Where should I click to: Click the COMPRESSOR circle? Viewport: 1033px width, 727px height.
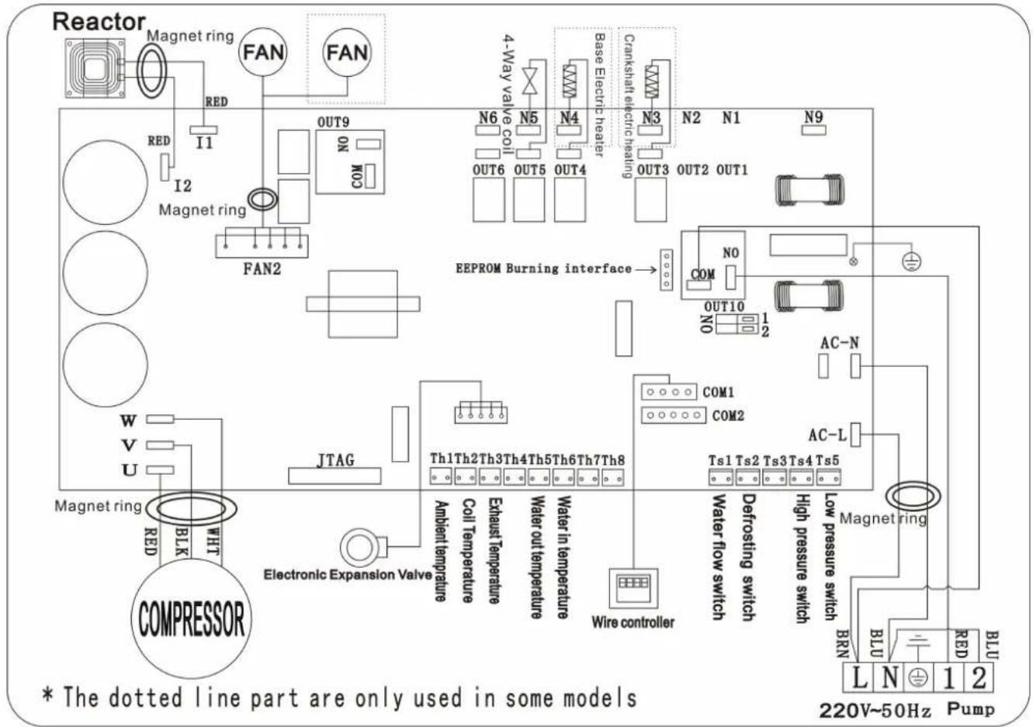(x=191, y=619)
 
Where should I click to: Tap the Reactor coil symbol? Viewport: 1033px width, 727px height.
(x=92, y=67)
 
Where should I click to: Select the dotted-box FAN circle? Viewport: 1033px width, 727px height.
(x=347, y=53)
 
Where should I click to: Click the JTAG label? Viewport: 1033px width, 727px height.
(x=335, y=460)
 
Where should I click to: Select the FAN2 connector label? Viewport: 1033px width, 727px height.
(x=262, y=269)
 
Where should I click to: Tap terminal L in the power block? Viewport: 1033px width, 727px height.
(x=858, y=677)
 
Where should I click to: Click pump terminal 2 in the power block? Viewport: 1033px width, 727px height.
(x=979, y=677)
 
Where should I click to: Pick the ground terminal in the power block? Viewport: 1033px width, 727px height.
(x=918, y=677)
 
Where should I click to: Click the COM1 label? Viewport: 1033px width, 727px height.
(x=718, y=393)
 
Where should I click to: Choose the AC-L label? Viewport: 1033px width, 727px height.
(x=827, y=435)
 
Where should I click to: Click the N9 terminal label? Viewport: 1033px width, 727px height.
(x=813, y=116)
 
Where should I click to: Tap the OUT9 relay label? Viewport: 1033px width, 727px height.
(x=333, y=123)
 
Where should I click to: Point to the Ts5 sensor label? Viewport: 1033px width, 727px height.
(x=828, y=460)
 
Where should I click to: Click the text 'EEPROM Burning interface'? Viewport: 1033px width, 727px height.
(x=543, y=268)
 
